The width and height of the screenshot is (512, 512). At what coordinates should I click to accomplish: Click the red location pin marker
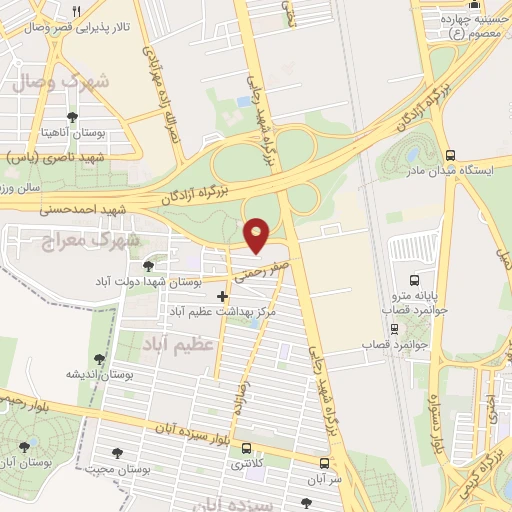pos(257,234)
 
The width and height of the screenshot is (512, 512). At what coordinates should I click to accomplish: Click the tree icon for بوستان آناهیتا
pos(72,116)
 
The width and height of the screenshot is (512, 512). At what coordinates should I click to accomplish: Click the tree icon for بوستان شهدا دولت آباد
pos(149,265)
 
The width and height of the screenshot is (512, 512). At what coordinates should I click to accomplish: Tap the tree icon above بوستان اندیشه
pos(98,359)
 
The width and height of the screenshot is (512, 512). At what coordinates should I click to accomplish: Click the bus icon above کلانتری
pos(246,449)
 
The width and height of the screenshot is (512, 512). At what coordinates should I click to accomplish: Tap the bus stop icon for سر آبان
pos(324,463)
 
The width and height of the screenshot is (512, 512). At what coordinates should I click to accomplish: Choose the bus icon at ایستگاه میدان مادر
pos(450,155)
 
